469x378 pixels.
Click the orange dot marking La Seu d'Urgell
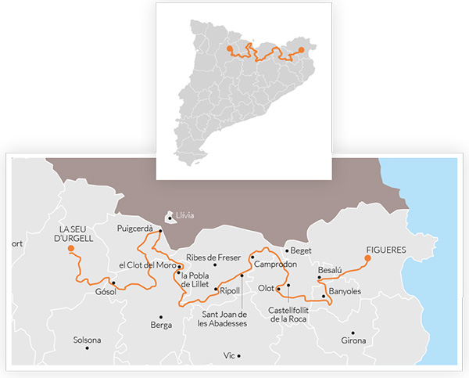tap(71, 249)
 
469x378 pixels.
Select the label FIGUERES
tap(386, 250)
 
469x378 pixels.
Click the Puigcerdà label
tap(134, 229)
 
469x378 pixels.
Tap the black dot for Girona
tap(353, 333)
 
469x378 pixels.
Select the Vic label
tap(229, 355)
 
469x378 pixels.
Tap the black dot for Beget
tap(287, 251)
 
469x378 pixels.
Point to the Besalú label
tap(330, 270)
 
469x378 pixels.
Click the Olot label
tap(266, 288)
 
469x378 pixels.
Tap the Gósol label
tap(106, 292)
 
